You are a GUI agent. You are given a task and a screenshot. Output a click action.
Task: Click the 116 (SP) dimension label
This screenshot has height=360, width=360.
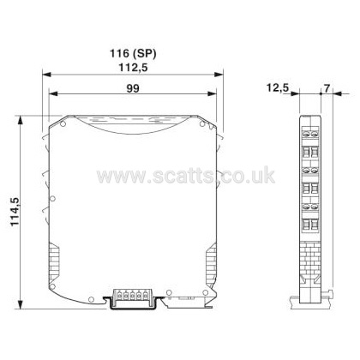click(133, 53)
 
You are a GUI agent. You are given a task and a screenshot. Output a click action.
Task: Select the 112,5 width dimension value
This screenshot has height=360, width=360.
click(133, 68)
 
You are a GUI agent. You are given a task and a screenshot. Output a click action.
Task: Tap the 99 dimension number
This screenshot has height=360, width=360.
click(133, 88)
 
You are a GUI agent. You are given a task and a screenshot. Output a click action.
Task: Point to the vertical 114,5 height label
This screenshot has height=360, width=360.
click(15, 212)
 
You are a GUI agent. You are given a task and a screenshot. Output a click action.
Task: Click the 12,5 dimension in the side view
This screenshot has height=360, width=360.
click(278, 87)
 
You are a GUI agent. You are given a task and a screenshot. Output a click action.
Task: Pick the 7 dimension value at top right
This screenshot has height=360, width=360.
click(327, 88)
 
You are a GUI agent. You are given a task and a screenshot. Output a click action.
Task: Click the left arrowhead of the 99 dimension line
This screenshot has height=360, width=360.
click(53, 93)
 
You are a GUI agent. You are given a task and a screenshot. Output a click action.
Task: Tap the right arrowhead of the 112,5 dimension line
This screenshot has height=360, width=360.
click(219, 75)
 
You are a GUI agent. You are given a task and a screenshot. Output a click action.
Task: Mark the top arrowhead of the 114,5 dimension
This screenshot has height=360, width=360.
click(20, 120)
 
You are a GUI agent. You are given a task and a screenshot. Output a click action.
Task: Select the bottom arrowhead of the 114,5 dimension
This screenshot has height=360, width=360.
click(20, 304)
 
